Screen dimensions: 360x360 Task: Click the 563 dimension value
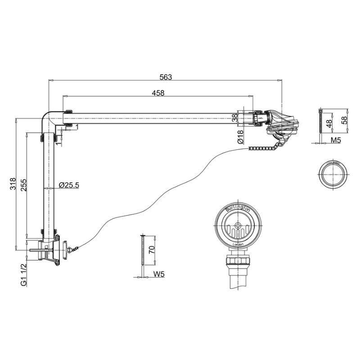pyautogui.click(x=166, y=77)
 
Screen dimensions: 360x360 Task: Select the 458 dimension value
pyautogui.click(x=158, y=93)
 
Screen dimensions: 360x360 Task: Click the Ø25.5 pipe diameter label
pyautogui.click(x=69, y=184)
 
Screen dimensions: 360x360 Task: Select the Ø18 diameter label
pyautogui.click(x=240, y=136)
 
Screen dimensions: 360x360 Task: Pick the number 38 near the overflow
pyautogui.click(x=234, y=118)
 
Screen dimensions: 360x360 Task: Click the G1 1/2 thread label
pyautogui.click(x=23, y=273)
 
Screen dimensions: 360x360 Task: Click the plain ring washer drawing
pyautogui.click(x=333, y=173)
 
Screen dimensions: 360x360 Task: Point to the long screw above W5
pyautogui.click(x=142, y=254)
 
